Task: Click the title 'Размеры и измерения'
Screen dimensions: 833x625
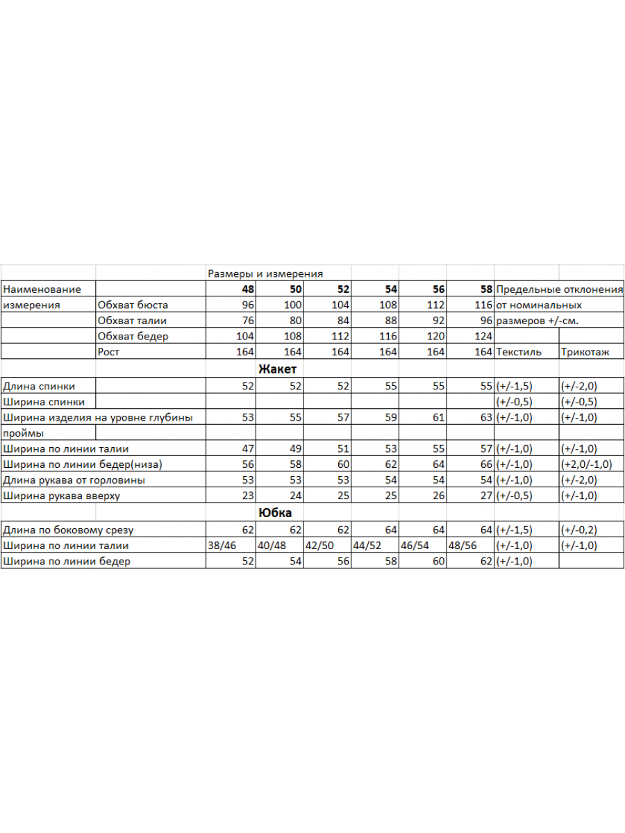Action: (x=265, y=274)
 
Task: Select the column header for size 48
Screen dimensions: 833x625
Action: (x=248, y=289)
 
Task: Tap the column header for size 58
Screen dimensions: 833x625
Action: (x=486, y=289)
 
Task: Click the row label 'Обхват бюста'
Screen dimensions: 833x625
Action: (x=133, y=305)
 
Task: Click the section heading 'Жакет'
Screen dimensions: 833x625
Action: (x=277, y=369)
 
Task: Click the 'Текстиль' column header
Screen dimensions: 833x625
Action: (x=519, y=352)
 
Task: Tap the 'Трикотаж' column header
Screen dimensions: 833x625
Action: (x=585, y=352)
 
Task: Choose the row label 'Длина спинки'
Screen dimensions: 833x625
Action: (x=39, y=387)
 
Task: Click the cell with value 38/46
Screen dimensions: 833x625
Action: (x=222, y=546)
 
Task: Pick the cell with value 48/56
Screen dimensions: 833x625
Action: (x=464, y=546)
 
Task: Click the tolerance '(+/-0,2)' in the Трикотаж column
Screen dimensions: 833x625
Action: (x=579, y=530)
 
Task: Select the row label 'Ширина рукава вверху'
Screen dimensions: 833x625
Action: (x=61, y=496)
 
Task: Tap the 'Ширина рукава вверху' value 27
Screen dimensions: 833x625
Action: (x=486, y=496)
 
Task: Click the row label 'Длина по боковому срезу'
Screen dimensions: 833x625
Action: (x=68, y=530)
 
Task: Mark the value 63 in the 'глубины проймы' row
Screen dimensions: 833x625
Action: (x=486, y=418)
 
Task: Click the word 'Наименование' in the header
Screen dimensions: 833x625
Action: (x=42, y=289)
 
